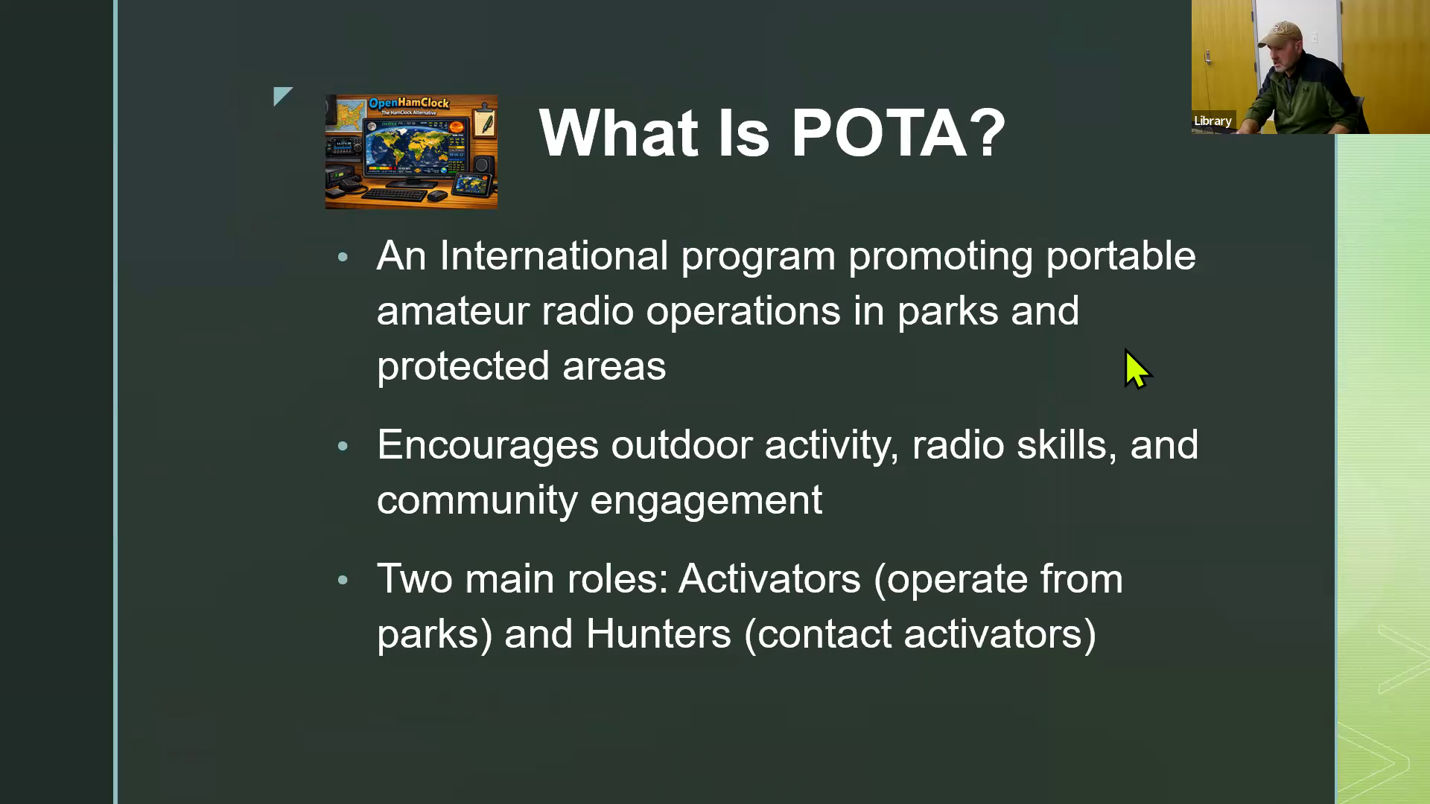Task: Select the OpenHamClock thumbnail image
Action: [x=411, y=152]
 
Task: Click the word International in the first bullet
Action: [x=553, y=256]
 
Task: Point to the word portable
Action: [x=1121, y=257]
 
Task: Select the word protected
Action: [x=463, y=366]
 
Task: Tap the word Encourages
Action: [x=488, y=446]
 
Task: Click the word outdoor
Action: [x=681, y=445]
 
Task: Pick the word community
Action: [x=477, y=500]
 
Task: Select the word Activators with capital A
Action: [x=769, y=579]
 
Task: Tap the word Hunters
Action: [x=658, y=634]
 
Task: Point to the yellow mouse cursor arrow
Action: [x=1137, y=369]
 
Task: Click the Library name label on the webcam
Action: [x=1213, y=121]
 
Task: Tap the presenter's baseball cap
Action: [x=1286, y=33]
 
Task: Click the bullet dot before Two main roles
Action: [x=343, y=580]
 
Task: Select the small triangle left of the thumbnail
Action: [x=283, y=96]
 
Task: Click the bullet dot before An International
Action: [x=343, y=258]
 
